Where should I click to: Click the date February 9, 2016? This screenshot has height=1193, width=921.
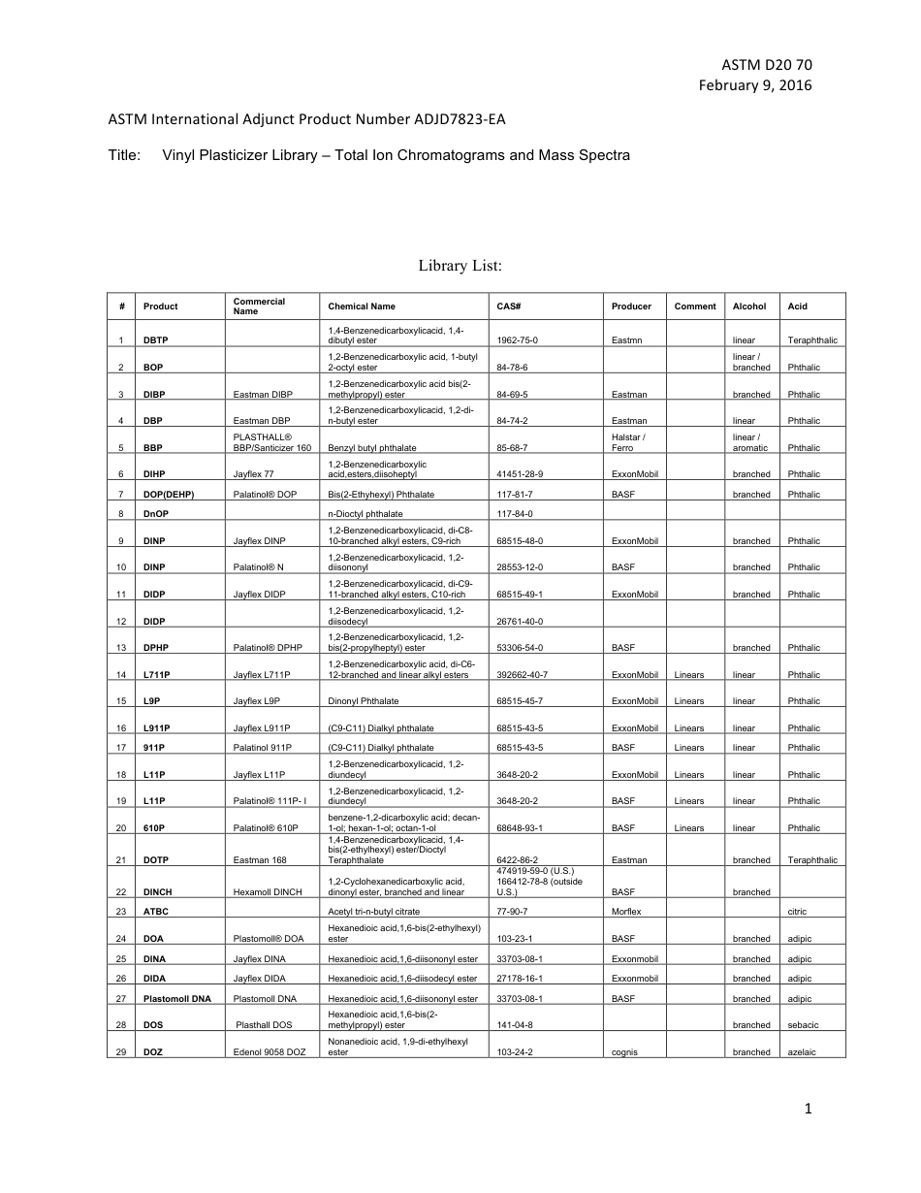click(755, 85)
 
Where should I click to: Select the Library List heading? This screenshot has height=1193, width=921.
click(460, 265)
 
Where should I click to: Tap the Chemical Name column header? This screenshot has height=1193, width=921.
click(362, 306)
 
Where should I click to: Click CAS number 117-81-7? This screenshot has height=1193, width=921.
click(515, 495)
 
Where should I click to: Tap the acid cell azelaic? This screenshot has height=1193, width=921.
click(803, 1052)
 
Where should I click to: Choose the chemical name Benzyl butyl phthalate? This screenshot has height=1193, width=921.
click(371, 448)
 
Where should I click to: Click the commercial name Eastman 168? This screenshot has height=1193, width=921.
click(260, 860)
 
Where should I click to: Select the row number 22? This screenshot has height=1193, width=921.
click(121, 892)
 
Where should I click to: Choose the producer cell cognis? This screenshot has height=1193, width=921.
click(625, 1052)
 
